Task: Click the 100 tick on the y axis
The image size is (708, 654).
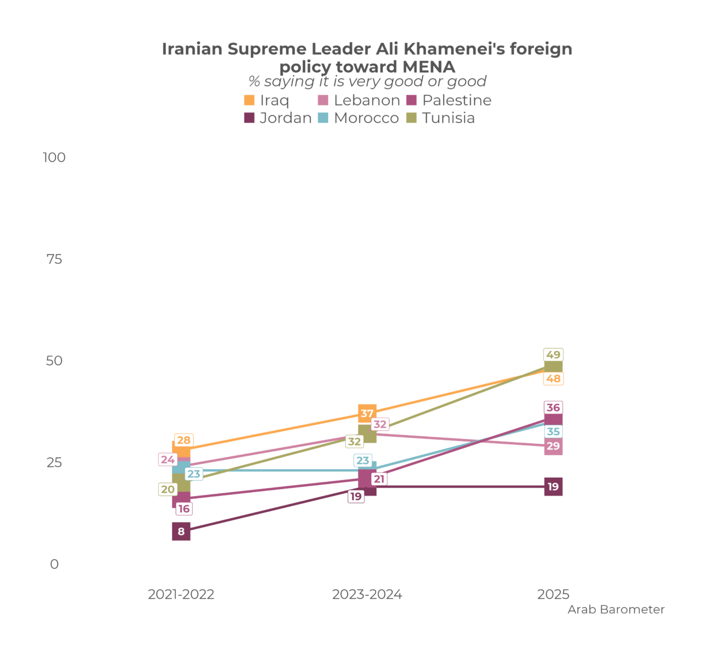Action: (54, 157)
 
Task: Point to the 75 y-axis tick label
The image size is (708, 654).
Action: (54, 259)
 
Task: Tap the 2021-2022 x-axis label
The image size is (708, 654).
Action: (181, 595)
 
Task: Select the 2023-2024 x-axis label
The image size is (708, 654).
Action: (367, 595)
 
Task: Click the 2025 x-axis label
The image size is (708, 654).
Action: (553, 595)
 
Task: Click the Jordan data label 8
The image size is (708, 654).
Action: (181, 531)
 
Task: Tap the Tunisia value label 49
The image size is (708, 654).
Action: (553, 355)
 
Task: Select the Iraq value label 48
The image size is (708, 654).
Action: (553, 379)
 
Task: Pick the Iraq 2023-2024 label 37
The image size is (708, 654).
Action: (367, 414)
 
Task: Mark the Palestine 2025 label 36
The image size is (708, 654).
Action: (553, 408)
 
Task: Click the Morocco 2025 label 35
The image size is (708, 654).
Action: (553, 432)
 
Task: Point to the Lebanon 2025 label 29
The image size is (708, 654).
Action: (553, 446)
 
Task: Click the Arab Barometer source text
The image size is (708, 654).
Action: (616, 610)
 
